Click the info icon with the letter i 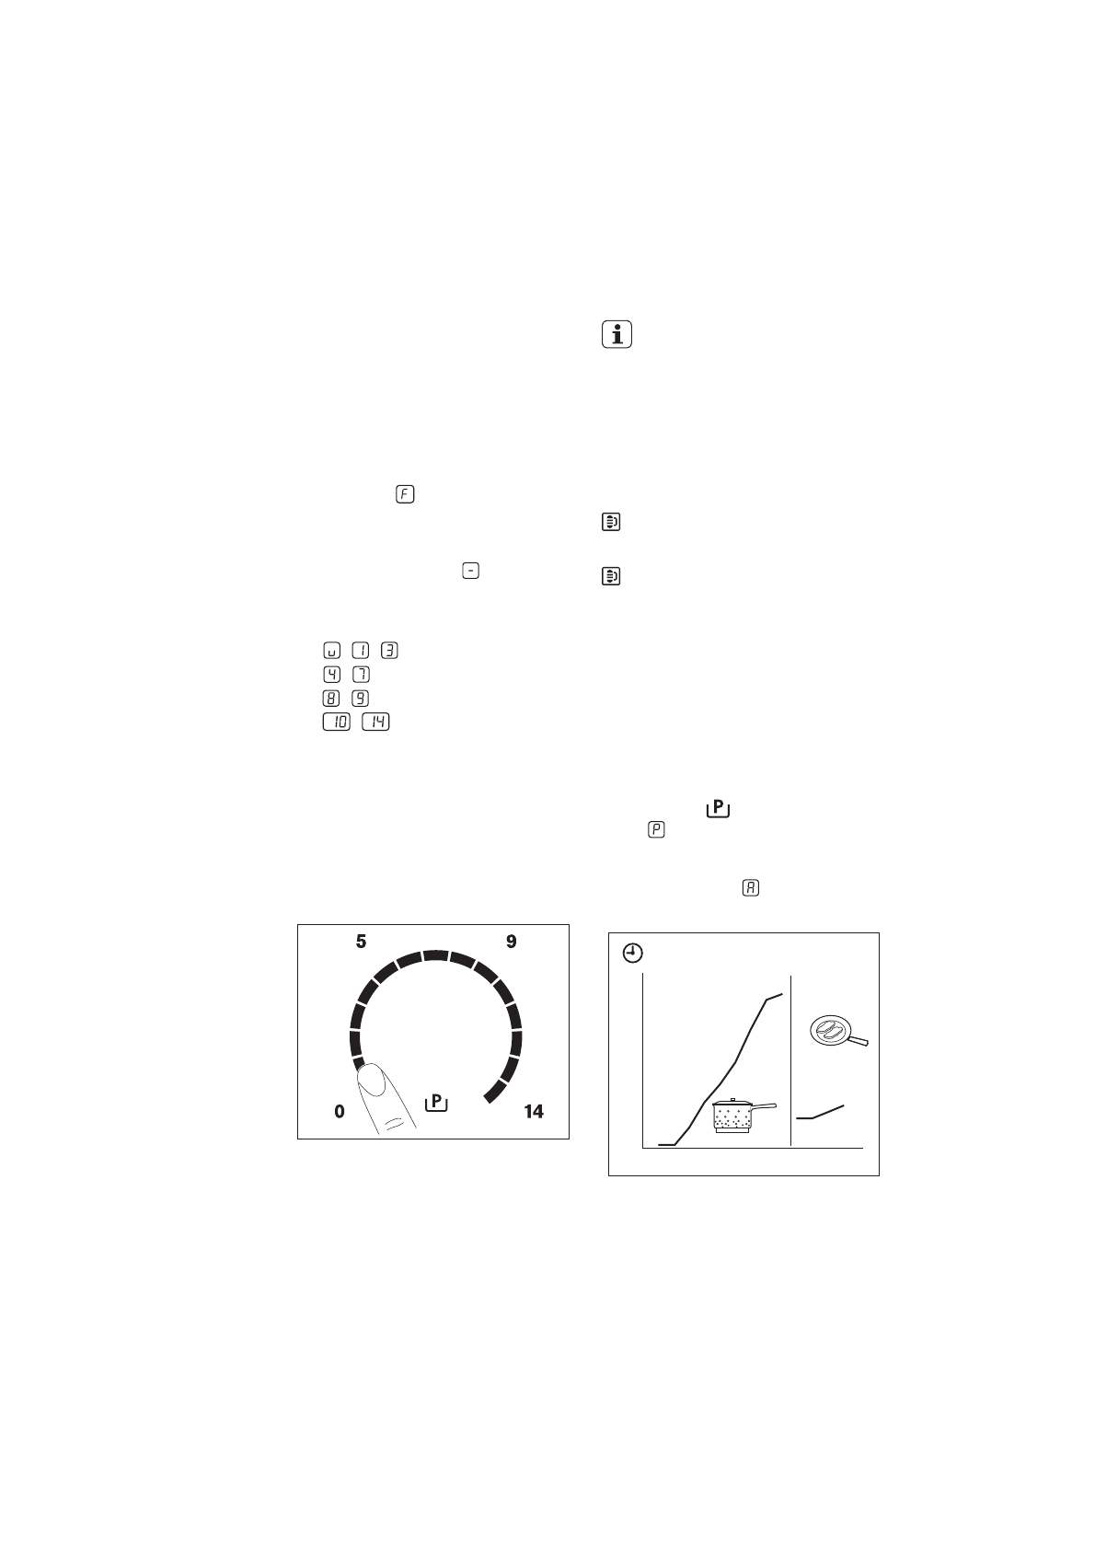click(617, 334)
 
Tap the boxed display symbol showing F click(405, 494)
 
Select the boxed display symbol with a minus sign click(470, 571)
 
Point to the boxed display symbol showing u click(332, 651)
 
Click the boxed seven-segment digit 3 click(389, 651)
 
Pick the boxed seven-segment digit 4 click(332, 674)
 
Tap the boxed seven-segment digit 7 click(361, 674)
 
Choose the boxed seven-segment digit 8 click(332, 699)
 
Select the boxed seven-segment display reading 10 click(337, 722)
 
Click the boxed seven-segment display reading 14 click(375, 722)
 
